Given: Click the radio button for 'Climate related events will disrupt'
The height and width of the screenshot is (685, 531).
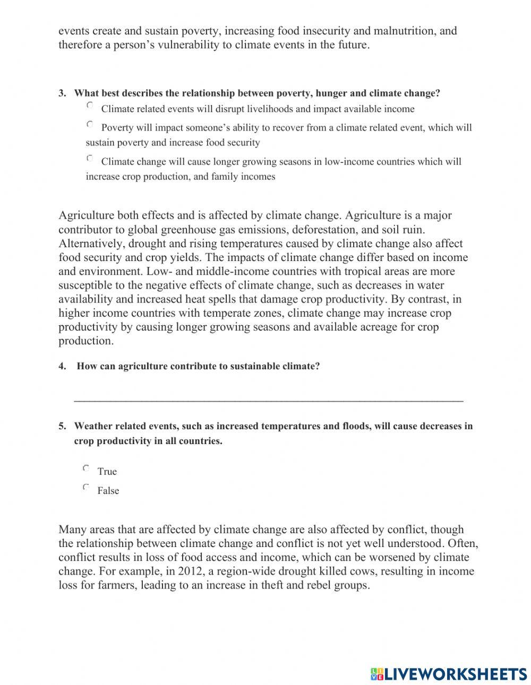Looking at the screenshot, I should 90,106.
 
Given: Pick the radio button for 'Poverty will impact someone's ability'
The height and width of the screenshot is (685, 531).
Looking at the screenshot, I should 90,124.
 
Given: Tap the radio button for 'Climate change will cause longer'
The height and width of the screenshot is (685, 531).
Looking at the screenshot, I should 90,158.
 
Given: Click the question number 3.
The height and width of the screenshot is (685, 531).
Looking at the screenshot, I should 62,93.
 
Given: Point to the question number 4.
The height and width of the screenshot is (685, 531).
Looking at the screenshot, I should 62,366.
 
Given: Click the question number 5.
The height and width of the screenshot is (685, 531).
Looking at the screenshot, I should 62,426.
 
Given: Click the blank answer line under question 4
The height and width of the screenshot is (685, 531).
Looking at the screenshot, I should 268,400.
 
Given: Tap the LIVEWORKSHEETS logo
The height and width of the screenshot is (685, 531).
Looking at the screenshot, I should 448,673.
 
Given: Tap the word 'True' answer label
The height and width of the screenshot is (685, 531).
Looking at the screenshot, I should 107,472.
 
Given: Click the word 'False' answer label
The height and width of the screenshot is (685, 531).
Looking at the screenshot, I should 108,491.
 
